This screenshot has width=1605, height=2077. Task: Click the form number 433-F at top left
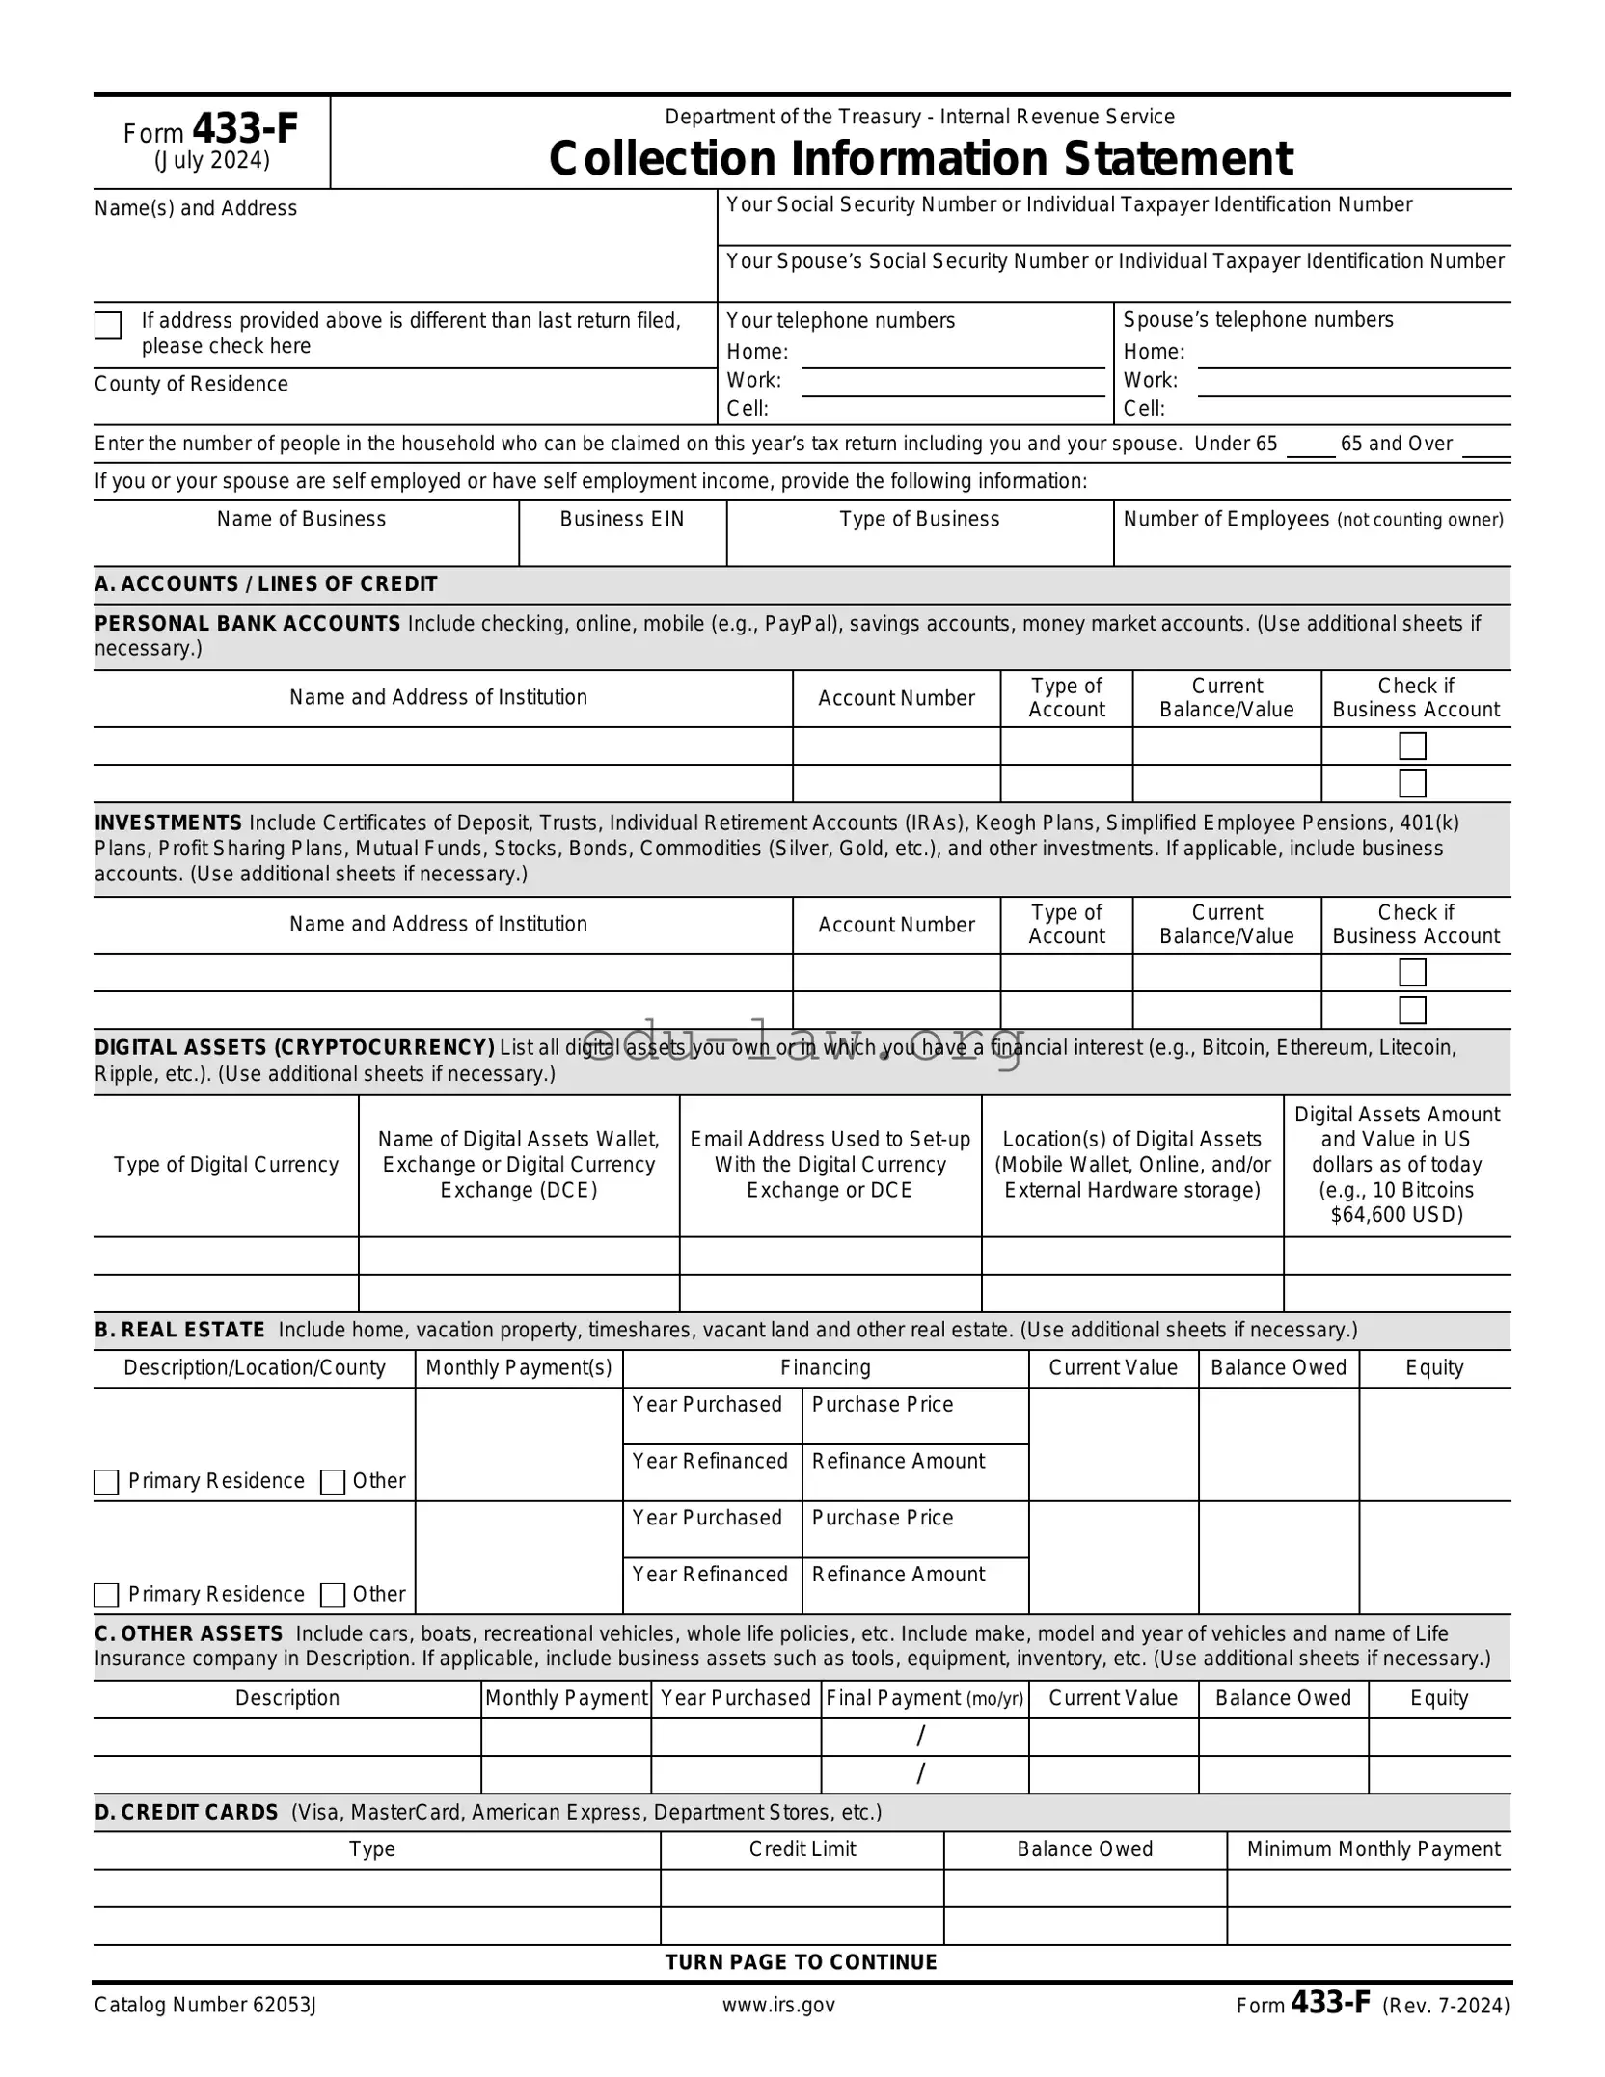click(245, 129)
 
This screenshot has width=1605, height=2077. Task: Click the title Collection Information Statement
click(920, 159)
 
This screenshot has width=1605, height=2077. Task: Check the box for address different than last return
click(108, 326)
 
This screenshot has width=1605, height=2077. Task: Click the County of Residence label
click(191, 384)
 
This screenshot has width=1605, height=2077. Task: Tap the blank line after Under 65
click(1310, 446)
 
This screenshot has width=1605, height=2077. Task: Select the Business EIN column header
click(622, 519)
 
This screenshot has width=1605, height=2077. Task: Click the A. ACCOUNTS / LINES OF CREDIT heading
click(266, 584)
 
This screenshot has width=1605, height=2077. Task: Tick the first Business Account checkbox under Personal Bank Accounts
click(1412, 746)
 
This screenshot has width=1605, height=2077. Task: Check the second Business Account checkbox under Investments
click(1412, 1010)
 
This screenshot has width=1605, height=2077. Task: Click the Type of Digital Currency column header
click(226, 1165)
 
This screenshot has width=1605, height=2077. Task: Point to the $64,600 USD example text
click(1397, 1215)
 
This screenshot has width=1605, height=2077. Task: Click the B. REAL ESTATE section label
click(180, 1330)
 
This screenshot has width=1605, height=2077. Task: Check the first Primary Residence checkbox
click(106, 1482)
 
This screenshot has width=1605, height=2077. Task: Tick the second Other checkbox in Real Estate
click(332, 1595)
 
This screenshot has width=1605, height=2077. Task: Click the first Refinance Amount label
click(898, 1461)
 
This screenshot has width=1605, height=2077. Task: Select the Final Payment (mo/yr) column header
click(924, 1698)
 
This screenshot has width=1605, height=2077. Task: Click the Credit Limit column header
click(802, 1848)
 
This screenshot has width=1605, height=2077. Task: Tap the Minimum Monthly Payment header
click(1373, 1848)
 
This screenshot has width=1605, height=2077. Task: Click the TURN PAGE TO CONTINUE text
click(801, 1961)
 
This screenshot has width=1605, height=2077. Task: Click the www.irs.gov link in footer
click(778, 2005)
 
